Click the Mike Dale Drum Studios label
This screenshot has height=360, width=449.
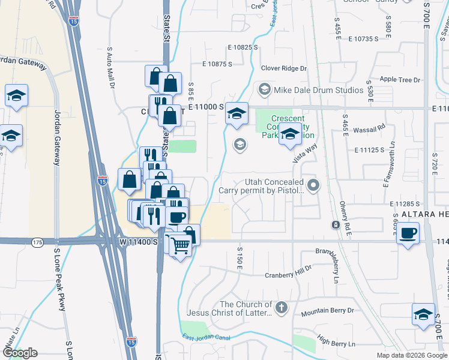tap(319, 90)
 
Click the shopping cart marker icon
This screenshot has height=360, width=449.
tap(181, 245)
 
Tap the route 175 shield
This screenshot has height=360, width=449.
tap(38, 242)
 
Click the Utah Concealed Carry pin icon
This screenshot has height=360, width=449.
tap(312, 184)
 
